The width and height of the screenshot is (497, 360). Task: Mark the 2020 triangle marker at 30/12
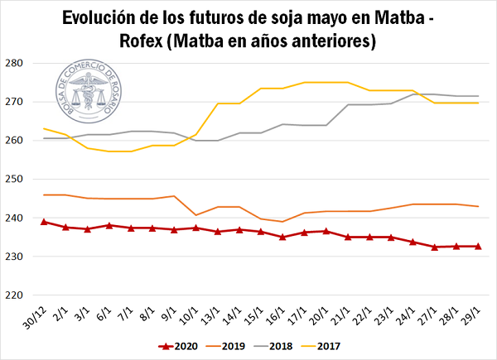[x=44, y=222]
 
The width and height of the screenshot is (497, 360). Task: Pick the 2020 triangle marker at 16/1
[x=281, y=237]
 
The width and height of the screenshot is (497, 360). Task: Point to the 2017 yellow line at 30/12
[x=44, y=128]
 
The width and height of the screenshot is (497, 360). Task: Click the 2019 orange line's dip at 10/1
[x=195, y=215]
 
